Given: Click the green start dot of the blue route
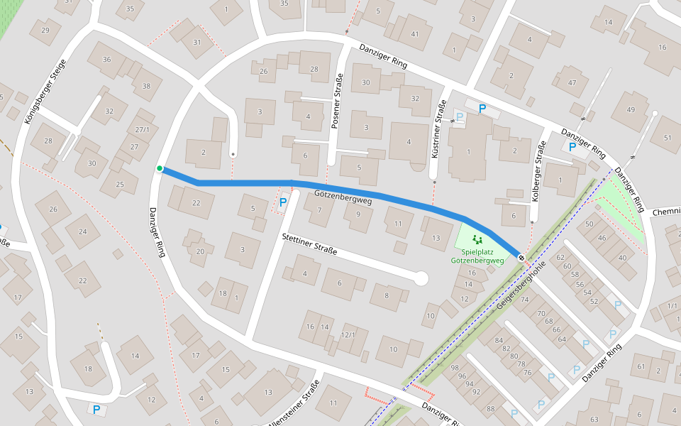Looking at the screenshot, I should (160, 168).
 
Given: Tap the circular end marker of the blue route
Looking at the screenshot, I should (521, 258).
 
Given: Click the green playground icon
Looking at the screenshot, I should (477, 240).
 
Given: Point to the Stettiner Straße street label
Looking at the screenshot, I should (309, 244).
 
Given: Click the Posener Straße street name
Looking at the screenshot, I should (337, 99).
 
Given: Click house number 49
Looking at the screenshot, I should (631, 109).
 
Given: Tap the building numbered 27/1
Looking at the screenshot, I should (143, 130).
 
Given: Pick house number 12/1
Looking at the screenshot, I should (348, 334).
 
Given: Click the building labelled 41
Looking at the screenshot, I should (415, 34).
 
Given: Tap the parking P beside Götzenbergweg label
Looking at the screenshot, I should (283, 202).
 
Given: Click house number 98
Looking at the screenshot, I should (455, 367).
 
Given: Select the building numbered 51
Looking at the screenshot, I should (666, 138).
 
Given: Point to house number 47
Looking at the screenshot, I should (572, 82).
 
